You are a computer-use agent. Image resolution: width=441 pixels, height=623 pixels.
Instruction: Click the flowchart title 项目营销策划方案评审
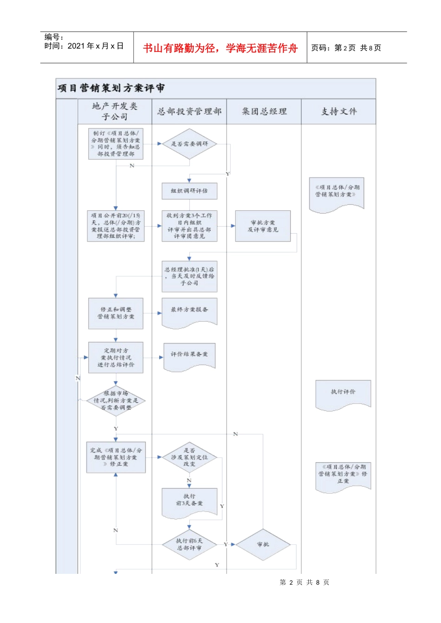click(x=111, y=88)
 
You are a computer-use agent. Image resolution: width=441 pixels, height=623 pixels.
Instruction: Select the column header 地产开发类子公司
click(x=115, y=111)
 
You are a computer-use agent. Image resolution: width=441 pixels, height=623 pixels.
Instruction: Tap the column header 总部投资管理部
click(x=189, y=111)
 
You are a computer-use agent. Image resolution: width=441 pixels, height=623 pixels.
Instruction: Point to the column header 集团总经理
click(x=264, y=111)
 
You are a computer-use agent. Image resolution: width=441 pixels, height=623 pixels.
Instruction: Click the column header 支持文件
click(x=339, y=111)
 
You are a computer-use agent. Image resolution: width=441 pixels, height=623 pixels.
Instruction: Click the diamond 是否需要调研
click(x=189, y=144)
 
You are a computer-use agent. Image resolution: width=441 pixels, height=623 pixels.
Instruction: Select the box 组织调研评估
click(x=189, y=191)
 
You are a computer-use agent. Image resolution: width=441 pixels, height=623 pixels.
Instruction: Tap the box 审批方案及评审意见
click(x=263, y=226)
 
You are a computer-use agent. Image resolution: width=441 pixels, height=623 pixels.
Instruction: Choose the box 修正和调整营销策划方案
click(x=116, y=313)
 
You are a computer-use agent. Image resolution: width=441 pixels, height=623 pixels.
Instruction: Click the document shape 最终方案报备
click(x=189, y=311)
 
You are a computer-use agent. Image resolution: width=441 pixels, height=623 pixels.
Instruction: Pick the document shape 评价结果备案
click(x=189, y=356)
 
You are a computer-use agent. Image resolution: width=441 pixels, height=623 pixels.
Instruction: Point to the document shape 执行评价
click(x=343, y=393)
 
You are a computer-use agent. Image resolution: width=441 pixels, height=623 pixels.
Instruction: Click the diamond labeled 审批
click(x=263, y=544)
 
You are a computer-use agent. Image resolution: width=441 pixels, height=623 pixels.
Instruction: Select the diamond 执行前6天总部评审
click(x=189, y=544)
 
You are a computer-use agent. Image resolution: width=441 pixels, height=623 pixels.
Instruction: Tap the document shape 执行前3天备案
click(x=189, y=501)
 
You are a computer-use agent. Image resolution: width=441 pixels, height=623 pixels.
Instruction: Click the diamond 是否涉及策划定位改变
click(x=189, y=457)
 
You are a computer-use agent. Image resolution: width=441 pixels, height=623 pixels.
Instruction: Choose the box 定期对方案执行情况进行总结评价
click(x=116, y=357)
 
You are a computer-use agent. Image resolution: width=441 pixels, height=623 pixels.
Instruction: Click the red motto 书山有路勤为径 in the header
click(x=220, y=48)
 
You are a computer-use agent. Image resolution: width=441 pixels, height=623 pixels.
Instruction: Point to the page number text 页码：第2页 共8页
click(x=346, y=48)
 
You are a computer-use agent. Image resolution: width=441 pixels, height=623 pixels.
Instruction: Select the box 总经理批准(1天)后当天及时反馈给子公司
click(x=189, y=276)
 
